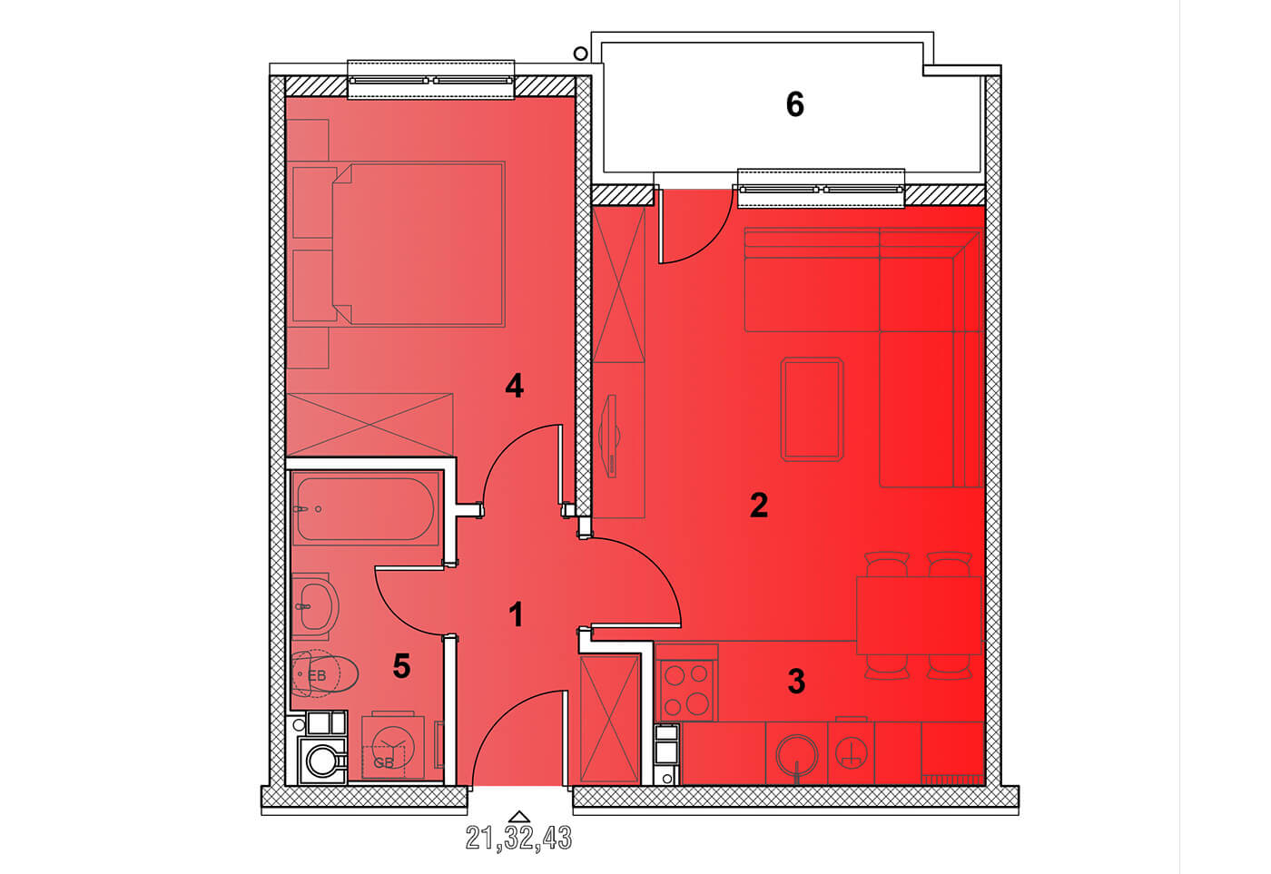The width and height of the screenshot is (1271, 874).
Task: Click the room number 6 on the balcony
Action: click(x=795, y=105)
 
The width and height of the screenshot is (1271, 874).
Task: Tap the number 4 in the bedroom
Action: click(x=514, y=386)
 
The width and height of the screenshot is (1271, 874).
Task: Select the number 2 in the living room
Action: click(x=759, y=505)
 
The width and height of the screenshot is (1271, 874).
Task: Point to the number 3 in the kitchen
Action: click(x=796, y=682)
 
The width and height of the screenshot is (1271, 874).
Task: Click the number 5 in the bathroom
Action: click(x=401, y=666)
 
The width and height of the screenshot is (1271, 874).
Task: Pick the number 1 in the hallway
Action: click(x=516, y=614)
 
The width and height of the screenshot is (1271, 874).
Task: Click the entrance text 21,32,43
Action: click(x=518, y=838)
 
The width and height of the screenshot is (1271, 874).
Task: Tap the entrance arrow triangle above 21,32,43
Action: click(x=519, y=817)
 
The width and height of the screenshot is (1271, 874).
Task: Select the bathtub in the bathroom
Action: click(x=365, y=509)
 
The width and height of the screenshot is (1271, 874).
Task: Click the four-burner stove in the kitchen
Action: click(x=686, y=691)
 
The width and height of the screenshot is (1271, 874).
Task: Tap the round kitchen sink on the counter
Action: click(x=797, y=755)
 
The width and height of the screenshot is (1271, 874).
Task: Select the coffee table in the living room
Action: click(x=812, y=409)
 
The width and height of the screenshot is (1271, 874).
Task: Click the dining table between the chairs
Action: click(x=919, y=616)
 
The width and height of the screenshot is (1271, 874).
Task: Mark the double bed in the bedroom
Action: click(x=419, y=244)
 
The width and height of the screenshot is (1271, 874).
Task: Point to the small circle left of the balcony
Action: click(x=580, y=54)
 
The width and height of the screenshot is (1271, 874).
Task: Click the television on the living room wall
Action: click(x=610, y=437)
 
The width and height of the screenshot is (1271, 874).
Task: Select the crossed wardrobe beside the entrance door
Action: click(x=610, y=719)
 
